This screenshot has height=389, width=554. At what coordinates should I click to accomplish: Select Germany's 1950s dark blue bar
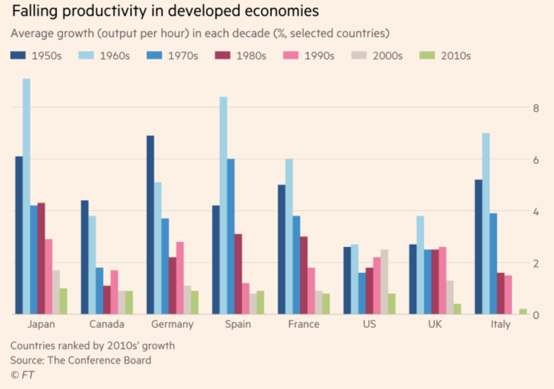pyautogui.click(x=150, y=225)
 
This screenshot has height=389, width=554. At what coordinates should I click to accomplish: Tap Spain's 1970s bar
pyautogui.click(x=231, y=236)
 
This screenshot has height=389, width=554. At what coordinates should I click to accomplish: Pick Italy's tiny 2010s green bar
pyautogui.click(x=523, y=311)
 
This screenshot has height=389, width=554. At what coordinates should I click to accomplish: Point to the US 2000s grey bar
pyautogui.click(x=384, y=282)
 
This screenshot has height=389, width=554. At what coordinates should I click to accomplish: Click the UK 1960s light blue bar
pyautogui.click(x=420, y=265)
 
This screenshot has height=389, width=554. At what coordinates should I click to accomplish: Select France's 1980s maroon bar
pyautogui.click(x=304, y=275)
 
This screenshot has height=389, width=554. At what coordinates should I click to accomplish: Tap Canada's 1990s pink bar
pyautogui.click(x=114, y=292)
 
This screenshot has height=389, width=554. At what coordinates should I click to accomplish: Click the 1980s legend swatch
pyautogui.click(x=220, y=56)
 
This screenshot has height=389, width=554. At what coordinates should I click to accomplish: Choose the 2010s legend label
pyautogui.click(x=456, y=56)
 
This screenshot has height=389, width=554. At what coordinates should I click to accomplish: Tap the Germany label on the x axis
pyautogui.click(x=172, y=324)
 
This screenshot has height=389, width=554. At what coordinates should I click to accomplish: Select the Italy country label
pyautogui.click(x=501, y=324)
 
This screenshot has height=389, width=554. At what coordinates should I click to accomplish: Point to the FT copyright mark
pyautogui.click(x=22, y=375)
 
